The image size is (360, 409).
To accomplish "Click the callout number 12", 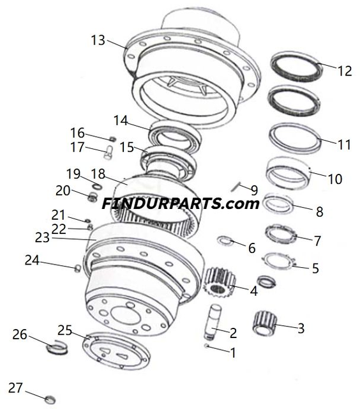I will [344, 70].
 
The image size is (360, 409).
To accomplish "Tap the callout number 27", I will [15, 387].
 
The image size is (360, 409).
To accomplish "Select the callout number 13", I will [98, 40].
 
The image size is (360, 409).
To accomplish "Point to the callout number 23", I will [42, 238].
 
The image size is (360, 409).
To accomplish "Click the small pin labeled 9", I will [236, 187].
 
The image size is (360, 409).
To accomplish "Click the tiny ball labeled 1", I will [209, 346].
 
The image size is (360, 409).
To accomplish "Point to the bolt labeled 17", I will [109, 152].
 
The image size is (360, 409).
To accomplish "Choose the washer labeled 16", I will [112, 138].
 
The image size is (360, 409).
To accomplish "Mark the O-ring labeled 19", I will [96, 186].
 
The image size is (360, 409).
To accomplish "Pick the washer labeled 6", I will [225, 240].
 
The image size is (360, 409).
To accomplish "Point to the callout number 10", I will [334, 179].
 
